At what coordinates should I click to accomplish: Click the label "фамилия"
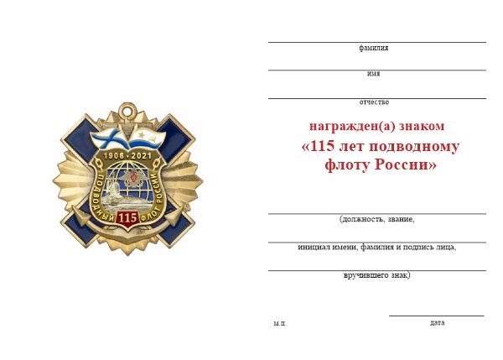click(373, 48)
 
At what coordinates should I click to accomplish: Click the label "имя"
click(373, 74)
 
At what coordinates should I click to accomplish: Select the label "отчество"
click(374, 102)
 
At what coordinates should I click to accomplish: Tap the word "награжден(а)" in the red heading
click(344, 126)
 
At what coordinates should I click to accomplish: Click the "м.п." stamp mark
click(279, 323)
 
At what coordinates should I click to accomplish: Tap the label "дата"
click(437, 322)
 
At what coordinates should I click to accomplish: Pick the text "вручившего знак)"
click(377, 275)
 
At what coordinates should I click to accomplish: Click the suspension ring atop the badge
click(127, 109)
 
